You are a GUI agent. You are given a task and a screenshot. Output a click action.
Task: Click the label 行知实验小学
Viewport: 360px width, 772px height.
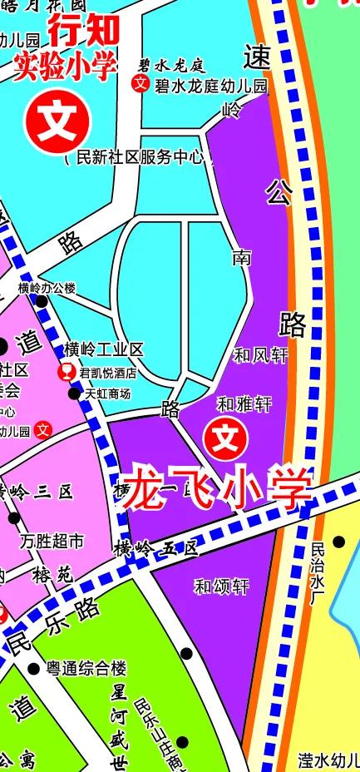click(67, 50)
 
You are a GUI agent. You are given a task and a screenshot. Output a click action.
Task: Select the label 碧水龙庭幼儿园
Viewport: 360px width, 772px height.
click(210, 85)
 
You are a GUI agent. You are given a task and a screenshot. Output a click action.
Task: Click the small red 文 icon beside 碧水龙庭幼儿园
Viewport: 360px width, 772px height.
click(141, 83)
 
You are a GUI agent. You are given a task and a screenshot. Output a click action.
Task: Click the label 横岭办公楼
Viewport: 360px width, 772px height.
click(47, 288)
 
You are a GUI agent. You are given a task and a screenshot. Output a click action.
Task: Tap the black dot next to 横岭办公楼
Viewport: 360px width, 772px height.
click(41, 300)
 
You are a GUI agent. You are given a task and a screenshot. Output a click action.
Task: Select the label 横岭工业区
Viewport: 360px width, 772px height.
click(104, 349)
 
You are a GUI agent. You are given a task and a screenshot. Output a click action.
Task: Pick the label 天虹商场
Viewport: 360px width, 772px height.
click(108, 393)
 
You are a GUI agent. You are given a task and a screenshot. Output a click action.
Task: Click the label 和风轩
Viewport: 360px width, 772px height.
click(259, 355)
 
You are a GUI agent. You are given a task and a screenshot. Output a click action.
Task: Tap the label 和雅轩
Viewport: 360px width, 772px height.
click(244, 404)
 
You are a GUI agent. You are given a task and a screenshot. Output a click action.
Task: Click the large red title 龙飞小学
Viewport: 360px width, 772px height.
click(216, 490)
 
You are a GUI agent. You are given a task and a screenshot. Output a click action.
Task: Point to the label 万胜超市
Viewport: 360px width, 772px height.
click(52, 542)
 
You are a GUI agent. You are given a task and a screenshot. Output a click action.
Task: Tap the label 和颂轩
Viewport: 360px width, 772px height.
click(222, 586)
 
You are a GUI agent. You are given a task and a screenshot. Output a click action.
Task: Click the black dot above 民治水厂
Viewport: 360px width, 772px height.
click(338, 542)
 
